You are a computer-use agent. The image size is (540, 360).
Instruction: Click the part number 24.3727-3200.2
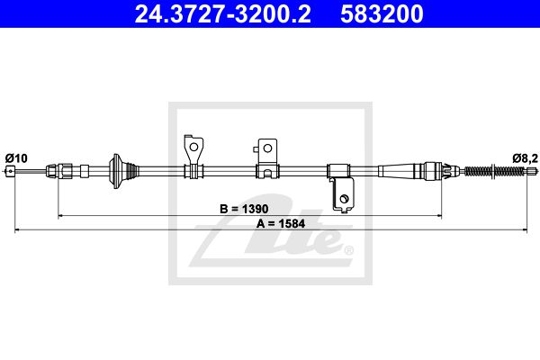pyautogui.click(x=223, y=14)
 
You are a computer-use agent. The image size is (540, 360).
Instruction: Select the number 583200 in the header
pyautogui.click(x=382, y=14)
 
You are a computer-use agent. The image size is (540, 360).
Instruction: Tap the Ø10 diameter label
pyautogui.click(x=16, y=158)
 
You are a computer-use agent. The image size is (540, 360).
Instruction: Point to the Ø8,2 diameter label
pyautogui.click(x=526, y=158)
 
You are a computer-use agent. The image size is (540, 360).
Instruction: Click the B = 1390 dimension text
pyautogui.click(x=244, y=209)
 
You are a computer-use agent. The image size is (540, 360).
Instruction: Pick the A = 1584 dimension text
pyautogui.click(x=280, y=224)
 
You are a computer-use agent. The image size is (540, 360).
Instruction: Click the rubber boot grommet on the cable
pyautogui.click(x=123, y=171)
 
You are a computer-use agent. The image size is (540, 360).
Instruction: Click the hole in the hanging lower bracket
pyautogui.click(x=344, y=199)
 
